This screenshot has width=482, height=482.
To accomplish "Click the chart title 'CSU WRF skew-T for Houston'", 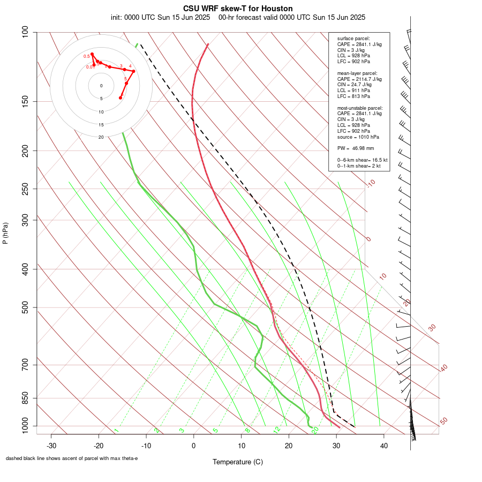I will [x=238, y=9].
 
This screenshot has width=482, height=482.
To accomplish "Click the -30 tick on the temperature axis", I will [x=51, y=445].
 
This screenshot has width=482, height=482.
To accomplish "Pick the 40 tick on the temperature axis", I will [x=383, y=445].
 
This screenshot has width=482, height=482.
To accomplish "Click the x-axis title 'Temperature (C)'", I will [x=238, y=462].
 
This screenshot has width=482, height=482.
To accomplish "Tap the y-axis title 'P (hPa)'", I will [x=5, y=234].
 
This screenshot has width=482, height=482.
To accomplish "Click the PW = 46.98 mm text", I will [x=356, y=148].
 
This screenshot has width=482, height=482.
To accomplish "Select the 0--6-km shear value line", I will [x=362, y=160].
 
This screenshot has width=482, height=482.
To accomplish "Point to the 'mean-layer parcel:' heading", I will [x=357, y=73].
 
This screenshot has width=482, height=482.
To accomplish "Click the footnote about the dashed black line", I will [x=72, y=458].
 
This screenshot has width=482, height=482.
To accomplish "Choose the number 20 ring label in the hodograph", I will [x=101, y=137].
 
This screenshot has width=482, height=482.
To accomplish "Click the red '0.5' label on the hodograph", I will [x=87, y=56].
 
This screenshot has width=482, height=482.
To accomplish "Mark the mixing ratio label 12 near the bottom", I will [x=277, y=430].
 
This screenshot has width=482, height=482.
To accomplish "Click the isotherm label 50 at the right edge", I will [x=443, y=421].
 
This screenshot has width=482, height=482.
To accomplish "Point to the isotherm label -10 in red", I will [x=371, y=184].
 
